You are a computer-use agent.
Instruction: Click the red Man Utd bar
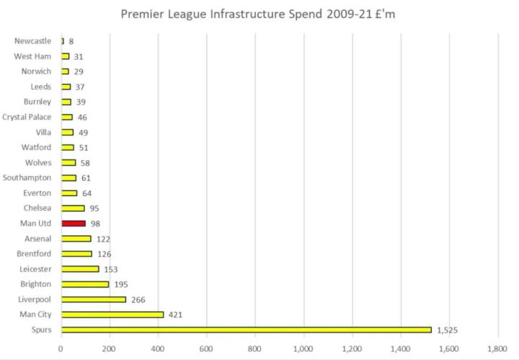point(74,224)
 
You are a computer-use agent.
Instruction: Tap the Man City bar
point(112,315)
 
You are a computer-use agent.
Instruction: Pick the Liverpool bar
point(94,299)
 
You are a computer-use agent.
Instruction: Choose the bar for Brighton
point(85,284)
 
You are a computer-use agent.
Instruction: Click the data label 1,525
point(447,330)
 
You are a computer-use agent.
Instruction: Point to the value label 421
point(176,315)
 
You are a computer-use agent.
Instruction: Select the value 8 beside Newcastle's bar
point(71,41)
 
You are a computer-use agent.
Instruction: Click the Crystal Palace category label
point(27,117)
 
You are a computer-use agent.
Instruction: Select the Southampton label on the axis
point(27,177)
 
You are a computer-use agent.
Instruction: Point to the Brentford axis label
point(32,254)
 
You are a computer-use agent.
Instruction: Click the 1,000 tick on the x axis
point(303,348)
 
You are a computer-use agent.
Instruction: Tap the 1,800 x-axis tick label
point(497,348)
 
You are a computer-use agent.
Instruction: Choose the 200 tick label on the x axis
point(110,348)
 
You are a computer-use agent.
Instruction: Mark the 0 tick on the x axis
point(61,348)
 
